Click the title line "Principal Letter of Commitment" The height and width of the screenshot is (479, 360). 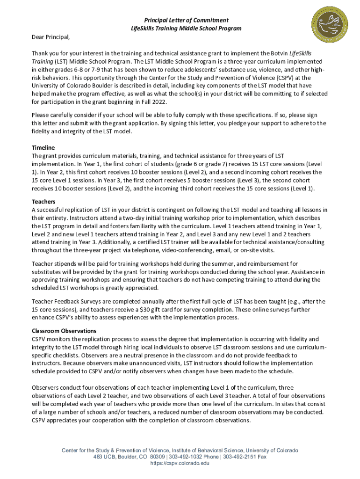(x=186, y=20)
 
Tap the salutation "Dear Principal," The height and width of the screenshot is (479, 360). (x=50, y=37)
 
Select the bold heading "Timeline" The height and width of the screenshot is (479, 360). (x=43, y=147)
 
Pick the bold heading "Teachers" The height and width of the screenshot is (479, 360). (x=44, y=202)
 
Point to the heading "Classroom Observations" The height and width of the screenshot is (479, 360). (x=64, y=331)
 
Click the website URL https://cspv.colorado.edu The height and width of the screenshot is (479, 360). (x=180, y=463)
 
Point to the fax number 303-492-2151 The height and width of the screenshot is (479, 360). (x=241, y=457)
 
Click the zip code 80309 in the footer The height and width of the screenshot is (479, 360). (x=157, y=457)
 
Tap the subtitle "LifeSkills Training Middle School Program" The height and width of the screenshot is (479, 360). (x=186, y=29)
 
